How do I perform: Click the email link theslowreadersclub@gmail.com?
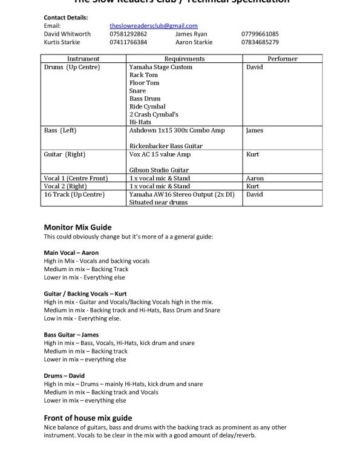pyautogui.click(x=154, y=26)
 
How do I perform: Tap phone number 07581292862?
pyautogui.click(x=128, y=34)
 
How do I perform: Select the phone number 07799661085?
pyautogui.click(x=260, y=34)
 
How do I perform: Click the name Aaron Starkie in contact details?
pyautogui.click(x=194, y=42)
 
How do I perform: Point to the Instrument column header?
pyautogui.click(x=83, y=59)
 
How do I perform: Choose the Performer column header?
pyautogui.click(x=282, y=59)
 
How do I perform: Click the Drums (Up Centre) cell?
pyautogui.click(x=72, y=67)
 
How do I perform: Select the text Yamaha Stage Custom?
pyautogui.click(x=160, y=67)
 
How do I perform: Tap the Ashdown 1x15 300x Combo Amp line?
pyautogui.click(x=177, y=130)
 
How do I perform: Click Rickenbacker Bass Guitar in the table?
pyautogui.click(x=166, y=146)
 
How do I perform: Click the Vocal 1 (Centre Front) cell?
pyautogui.click(x=76, y=179)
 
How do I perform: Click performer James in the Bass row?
pyautogui.click(x=255, y=130)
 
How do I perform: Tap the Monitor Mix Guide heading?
pyautogui.click(x=77, y=227)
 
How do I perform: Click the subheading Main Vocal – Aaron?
pyautogui.click(x=71, y=252)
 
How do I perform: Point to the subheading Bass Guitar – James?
pyautogui.click(x=71, y=334)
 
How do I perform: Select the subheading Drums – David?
pyautogui.click(x=64, y=375)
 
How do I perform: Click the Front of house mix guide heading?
pyautogui.click(x=88, y=418)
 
